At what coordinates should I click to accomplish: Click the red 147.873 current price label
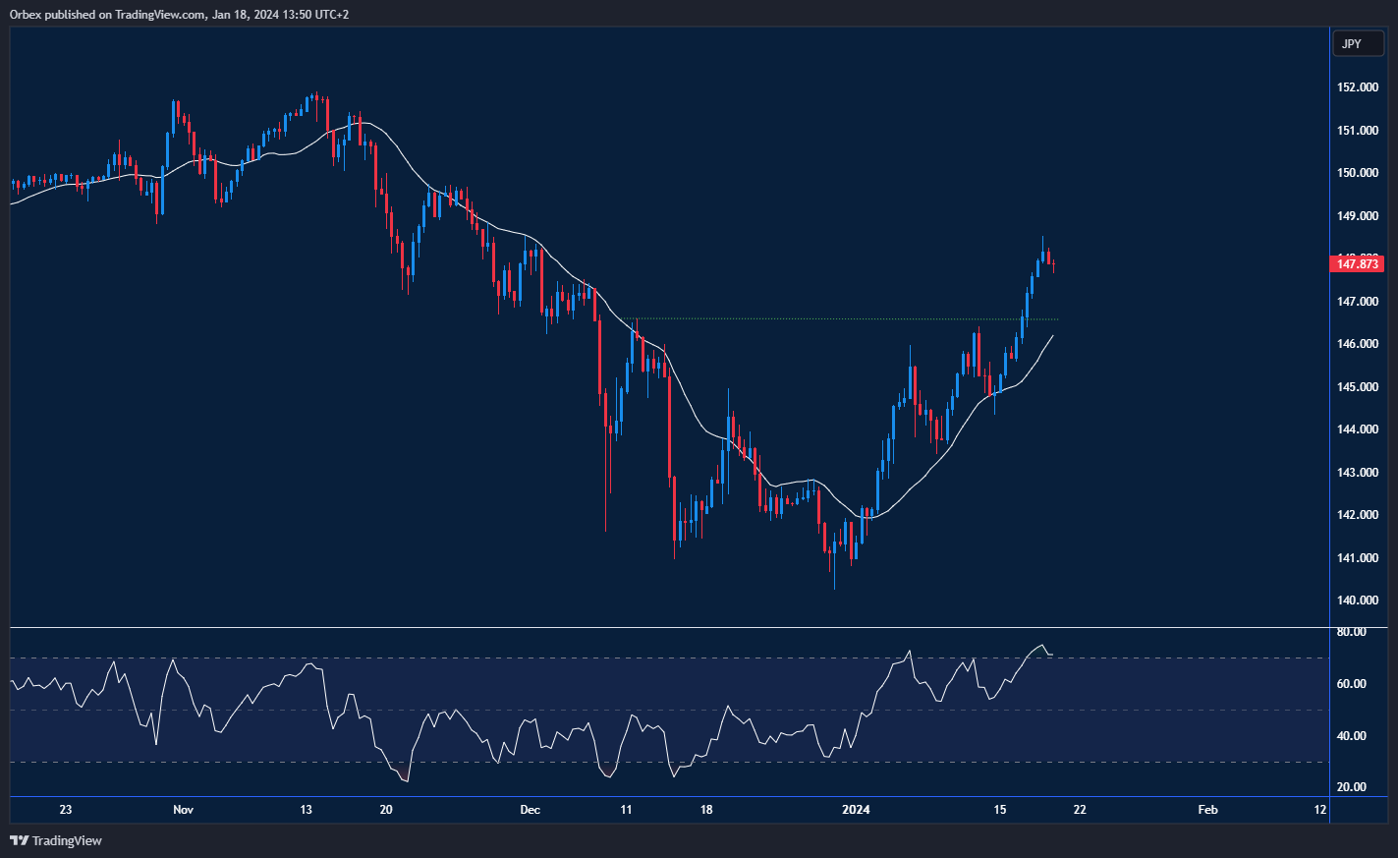click(1357, 263)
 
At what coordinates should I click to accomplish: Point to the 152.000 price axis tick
click(1357, 87)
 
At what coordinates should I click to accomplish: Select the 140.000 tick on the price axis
click(1357, 601)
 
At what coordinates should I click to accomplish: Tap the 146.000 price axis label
click(1357, 344)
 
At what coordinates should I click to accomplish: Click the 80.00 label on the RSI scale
click(1352, 632)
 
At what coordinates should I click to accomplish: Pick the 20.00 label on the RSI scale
click(1352, 787)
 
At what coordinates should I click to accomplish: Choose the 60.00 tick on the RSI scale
click(1352, 684)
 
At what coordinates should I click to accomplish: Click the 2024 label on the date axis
click(857, 810)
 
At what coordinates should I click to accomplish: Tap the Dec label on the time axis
click(530, 810)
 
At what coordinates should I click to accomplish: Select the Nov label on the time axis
click(183, 810)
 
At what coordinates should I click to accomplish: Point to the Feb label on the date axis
click(1207, 810)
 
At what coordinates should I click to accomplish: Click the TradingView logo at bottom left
click(56, 840)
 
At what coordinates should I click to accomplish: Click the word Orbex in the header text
click(25, 15)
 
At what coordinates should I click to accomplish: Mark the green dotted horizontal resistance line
click(845, 318)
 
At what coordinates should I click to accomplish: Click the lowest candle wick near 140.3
click(834, 587)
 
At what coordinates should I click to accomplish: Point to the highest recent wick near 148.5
click(1042, 239)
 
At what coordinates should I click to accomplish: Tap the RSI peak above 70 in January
click(1040, 646)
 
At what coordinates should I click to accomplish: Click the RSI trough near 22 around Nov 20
click(406, 780)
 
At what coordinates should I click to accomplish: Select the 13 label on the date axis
click(306, 810)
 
